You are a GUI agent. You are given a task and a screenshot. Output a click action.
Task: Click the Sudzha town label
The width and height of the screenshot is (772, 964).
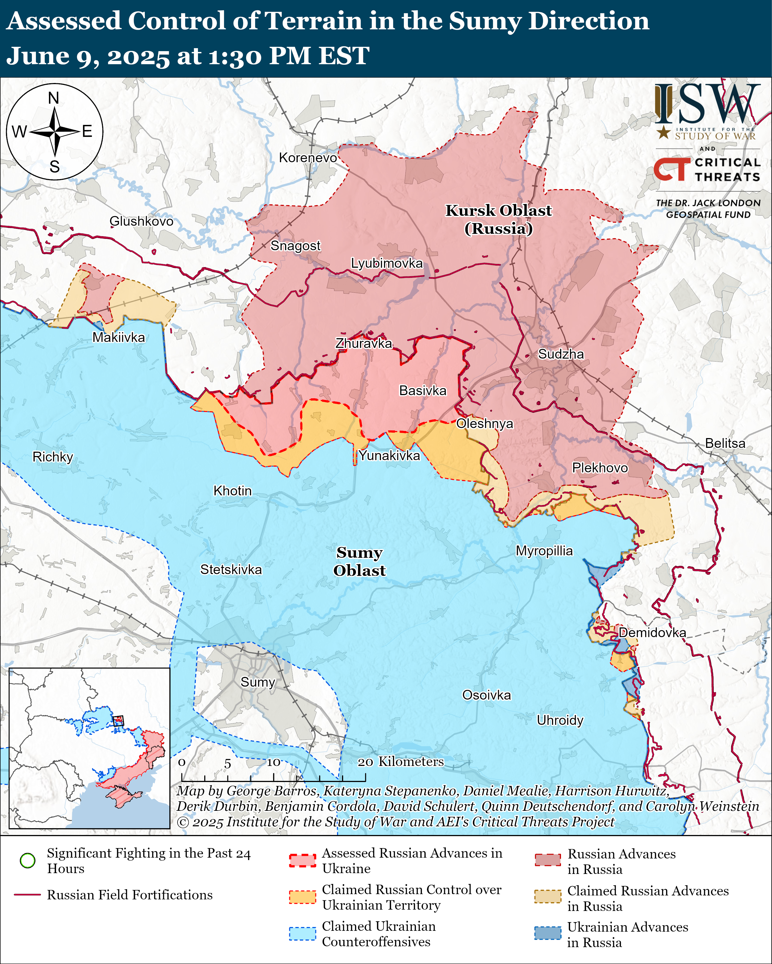560,354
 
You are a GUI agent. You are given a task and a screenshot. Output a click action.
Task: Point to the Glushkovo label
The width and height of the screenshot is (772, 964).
141,221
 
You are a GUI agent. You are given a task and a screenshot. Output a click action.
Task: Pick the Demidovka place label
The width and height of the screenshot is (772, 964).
652,633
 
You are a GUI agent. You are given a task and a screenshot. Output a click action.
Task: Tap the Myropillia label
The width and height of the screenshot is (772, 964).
544,551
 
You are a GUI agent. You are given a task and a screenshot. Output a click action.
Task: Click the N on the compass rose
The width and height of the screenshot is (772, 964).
54,98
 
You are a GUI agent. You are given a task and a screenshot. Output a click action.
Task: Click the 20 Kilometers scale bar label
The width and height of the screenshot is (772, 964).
401,762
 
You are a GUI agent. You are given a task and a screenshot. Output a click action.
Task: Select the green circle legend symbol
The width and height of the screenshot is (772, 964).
28,860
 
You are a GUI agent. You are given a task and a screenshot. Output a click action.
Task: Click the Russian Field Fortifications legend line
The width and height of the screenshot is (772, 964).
28,895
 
